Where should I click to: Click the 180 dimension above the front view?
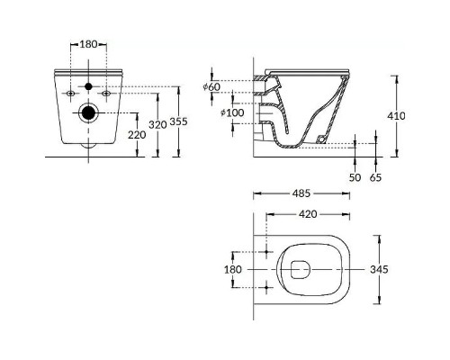(88, 42)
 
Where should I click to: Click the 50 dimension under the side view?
(356, 178)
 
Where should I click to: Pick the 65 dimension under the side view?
(375, 178)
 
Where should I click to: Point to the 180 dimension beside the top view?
(232, 268)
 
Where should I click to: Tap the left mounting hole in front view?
(70, 94)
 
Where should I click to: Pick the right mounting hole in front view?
(106, 94)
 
